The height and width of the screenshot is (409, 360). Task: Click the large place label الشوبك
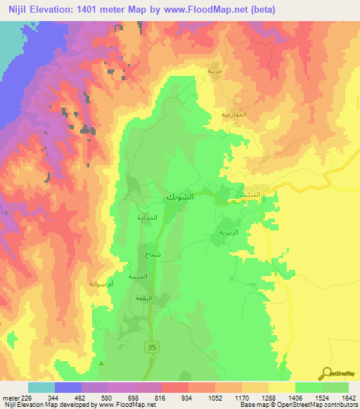pyautogui.click(x=179, y=197)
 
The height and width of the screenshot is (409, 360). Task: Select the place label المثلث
pyautogui.click(x=250, y=195)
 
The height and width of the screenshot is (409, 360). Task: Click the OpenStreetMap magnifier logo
pyautogui.click(x=328, y=373)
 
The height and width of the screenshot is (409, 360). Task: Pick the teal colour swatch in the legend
pyautogui.click(x=41, y=387)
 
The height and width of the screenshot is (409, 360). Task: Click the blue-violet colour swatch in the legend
pyautogui.click(x=68, y=387)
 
